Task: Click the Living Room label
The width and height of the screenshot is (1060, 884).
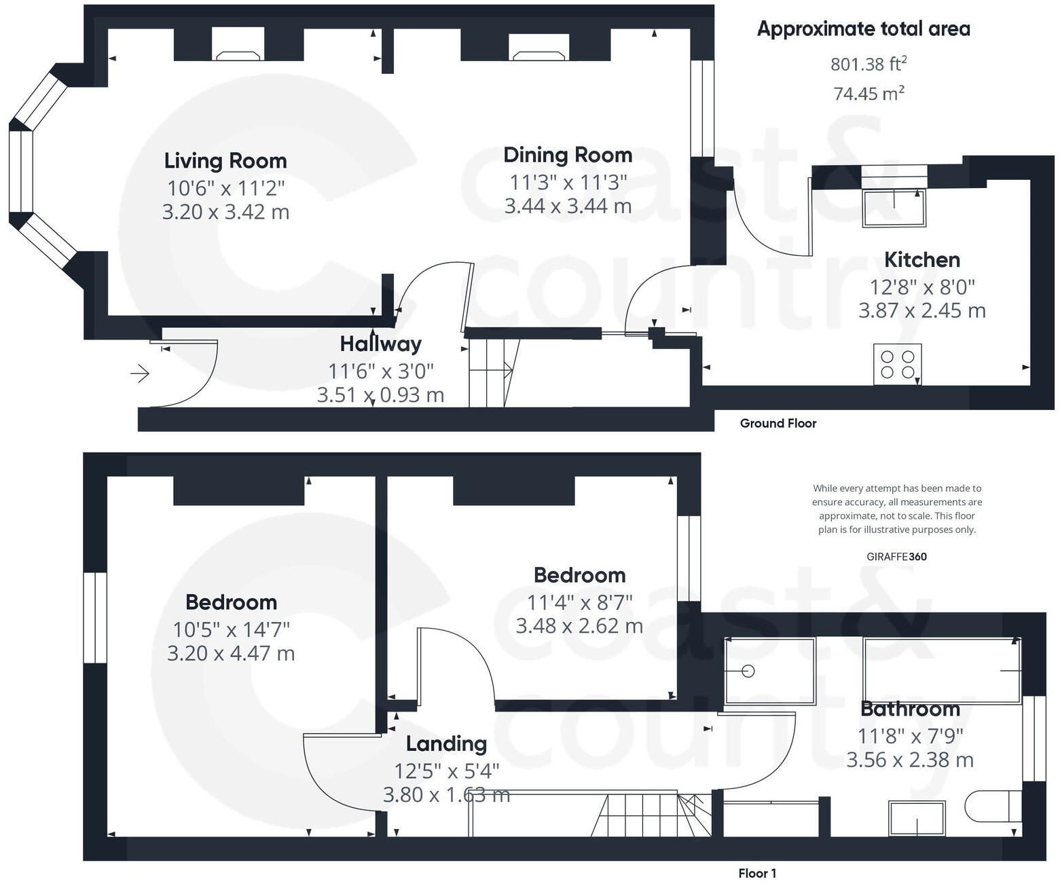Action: click(x=225, y=160)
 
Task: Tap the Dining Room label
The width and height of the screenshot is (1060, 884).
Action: click(x=568, y=155)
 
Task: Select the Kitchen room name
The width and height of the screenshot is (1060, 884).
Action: click(x=922, y=259)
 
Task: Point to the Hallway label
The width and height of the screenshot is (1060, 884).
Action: click(x=381, y=344)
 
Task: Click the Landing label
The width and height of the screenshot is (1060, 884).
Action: click(x=446, y=744)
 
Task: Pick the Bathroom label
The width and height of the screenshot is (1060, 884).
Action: click(x=910, y=709)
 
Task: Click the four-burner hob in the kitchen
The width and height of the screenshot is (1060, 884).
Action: click(x=897, y=365)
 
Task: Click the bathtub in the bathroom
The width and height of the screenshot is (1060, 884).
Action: click(x=943, y=670)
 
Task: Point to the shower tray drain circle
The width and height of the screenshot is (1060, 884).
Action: click(x=748, y=671)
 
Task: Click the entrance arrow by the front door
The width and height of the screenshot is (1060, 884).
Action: click(x=140, y=374)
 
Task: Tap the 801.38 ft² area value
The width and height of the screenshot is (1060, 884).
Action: click(x=869, y=64)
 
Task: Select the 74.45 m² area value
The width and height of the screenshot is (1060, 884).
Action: click(x=869, y=94)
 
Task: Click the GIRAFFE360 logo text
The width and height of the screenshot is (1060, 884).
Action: click(x=896, y=557)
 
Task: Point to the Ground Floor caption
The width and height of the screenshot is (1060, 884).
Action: click(x=778, y=424)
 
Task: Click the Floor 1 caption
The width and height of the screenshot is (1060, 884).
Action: click(x=757, y=873)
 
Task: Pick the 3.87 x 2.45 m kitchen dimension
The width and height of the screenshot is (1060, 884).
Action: click(x=922, y=310)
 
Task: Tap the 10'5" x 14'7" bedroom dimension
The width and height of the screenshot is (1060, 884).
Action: click(x=231, y=629)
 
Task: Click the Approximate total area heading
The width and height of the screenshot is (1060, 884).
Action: click(x=864, y=29)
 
